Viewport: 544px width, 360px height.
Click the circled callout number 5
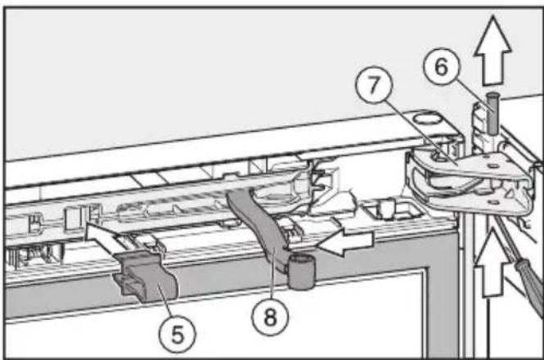pyautogui.click(x=178, y=335)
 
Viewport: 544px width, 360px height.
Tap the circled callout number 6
pyautogui.click(x=441, y=66)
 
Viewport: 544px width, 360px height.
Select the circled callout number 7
pyautogui.click(x=374, y=84)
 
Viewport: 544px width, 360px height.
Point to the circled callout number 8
pyautogui.click(x=270, y=317)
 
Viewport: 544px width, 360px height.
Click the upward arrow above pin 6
pyautogui.click(x=492, y=51)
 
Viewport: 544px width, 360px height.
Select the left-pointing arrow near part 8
pyautogui.click(x=346, y=241)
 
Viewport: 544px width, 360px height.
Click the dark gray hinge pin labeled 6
pyautogui.click(x=492, y=113)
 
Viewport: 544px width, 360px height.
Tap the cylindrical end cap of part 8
pyautogui.click(x=302, y=272)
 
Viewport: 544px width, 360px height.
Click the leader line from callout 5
pyautogui.click(x=167, y=301)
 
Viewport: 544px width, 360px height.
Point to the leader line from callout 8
pyautogui.click(x=272, y=274)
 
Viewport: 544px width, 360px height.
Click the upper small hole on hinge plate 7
pyautogui.click(x=492, y=166)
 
